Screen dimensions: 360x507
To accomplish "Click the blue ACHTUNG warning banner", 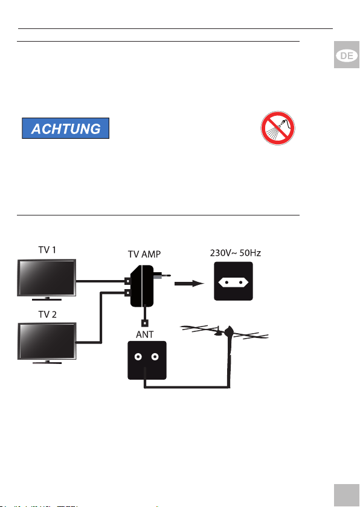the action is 65,129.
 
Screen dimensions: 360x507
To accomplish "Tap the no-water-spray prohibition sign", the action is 277,128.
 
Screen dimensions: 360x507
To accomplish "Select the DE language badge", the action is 347,56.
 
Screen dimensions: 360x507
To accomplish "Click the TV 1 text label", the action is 47,250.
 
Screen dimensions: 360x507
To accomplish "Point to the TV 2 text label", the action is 47,314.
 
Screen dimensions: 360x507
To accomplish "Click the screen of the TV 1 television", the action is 47,277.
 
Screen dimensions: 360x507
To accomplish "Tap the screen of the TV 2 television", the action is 47,341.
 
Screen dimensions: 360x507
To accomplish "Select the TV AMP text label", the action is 144,254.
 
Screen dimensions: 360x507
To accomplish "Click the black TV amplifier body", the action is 142,286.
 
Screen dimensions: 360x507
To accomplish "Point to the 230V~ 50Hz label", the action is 236,253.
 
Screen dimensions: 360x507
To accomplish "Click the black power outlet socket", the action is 233,281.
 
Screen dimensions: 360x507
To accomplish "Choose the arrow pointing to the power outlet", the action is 189,284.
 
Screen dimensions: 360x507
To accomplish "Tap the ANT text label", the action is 144,334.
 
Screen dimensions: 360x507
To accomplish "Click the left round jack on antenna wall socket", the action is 138,357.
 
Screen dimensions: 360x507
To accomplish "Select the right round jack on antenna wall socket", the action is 155,357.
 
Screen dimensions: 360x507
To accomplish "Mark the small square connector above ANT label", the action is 145,323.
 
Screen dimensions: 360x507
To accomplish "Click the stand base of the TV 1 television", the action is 47,299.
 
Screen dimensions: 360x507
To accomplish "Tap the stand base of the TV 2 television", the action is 47,363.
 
